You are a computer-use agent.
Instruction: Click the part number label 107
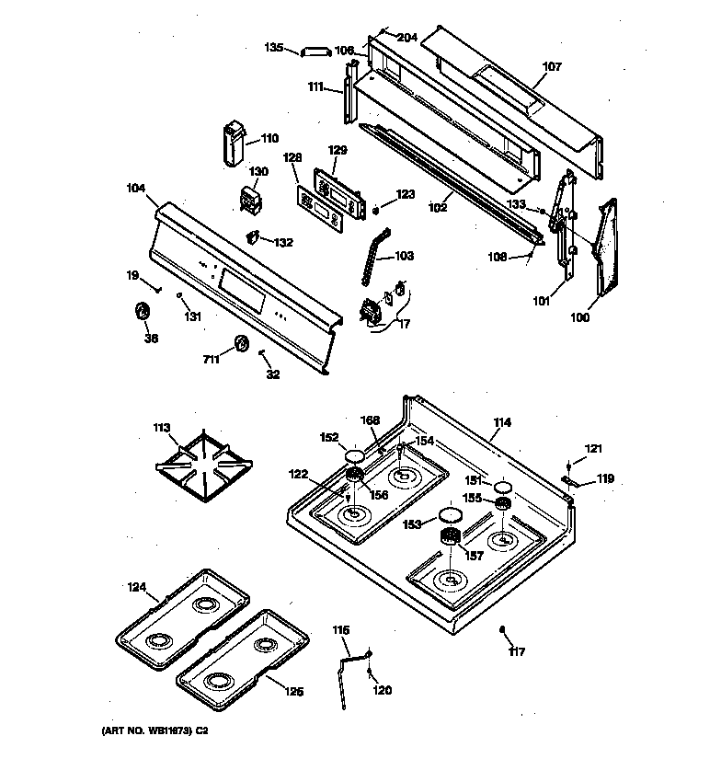[x=551, y=67]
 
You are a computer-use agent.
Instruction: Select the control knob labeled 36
[x=143, y=313]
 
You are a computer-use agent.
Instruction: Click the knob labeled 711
[x=242, y=344]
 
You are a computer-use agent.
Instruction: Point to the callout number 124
[x=136, y=587]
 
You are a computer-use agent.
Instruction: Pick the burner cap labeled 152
[x=354, y=456]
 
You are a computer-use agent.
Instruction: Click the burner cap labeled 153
[x=451, y=515]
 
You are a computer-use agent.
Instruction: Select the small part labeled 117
[x=504, y=630]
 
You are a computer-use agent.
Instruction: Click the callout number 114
[x=501, y=422]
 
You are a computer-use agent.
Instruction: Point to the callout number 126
[x=292, y=692]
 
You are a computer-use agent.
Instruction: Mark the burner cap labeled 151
[x=502, y=486]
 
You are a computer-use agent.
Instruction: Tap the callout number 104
[x=136, y=188]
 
